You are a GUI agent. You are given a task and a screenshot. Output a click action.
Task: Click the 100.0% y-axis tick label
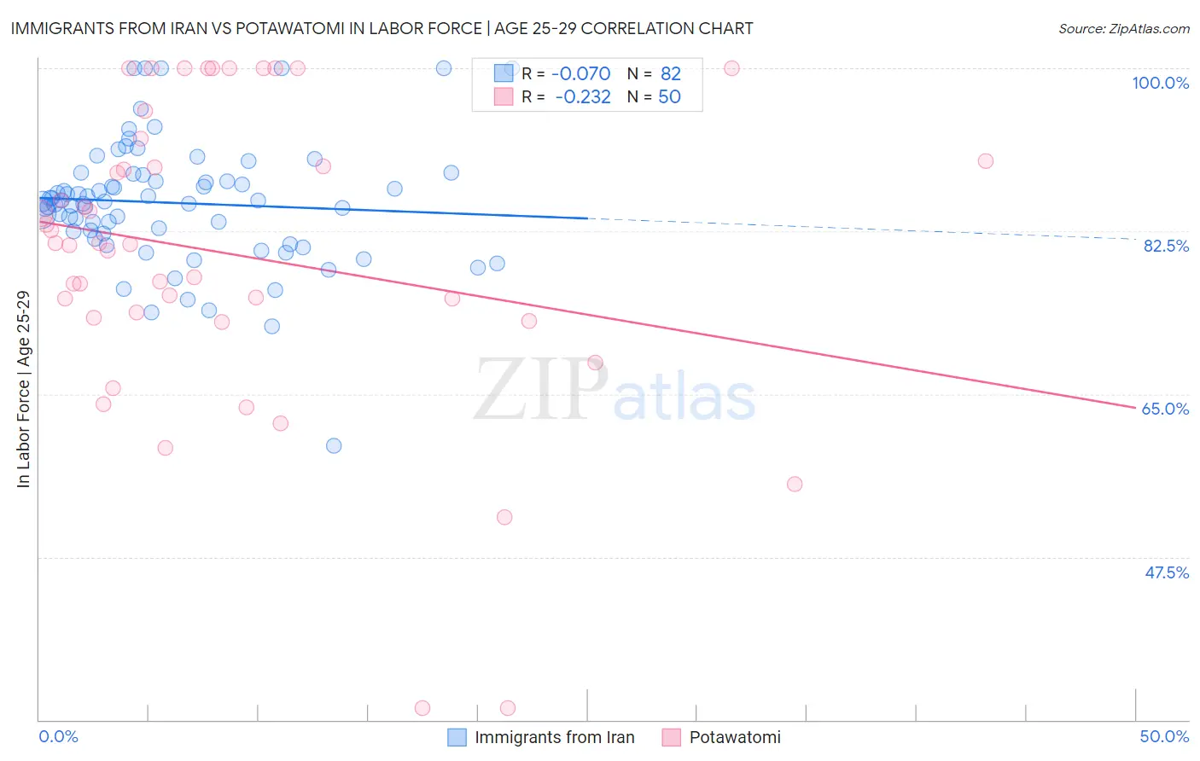(x=1160, y=83)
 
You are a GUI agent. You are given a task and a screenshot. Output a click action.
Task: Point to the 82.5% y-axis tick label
(x=1166, y=246)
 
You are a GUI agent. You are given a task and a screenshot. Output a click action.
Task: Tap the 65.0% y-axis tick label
(x=1165, y=409)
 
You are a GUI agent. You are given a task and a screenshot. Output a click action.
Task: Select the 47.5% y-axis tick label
(x=1166, y=572)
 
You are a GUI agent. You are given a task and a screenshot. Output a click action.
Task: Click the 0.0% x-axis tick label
(x=59, y=736)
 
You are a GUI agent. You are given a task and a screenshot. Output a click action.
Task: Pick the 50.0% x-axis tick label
(x=1164, y=736)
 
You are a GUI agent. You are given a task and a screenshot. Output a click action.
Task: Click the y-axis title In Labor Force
(x=23, y=389)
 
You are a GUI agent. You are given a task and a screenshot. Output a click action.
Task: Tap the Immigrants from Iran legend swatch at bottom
(x=457, y=737)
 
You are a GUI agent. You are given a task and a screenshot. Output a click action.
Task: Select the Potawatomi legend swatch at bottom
(x=672, y=737)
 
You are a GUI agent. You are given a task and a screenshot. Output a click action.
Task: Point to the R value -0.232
(x=582, y=97)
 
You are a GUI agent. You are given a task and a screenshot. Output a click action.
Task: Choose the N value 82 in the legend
(x=670, y=73)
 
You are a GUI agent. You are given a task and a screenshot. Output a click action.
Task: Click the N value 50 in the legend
(x=669, y=97)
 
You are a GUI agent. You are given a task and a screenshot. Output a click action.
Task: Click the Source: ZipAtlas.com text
(x=1123, y=28)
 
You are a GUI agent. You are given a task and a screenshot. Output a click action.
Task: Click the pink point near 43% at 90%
(x=985, y=160)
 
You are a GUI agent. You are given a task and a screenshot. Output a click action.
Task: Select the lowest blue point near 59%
(x=334, y=445)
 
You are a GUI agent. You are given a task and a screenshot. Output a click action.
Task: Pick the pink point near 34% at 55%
(x=795, y=484)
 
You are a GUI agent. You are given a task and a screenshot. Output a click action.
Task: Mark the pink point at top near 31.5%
(x=731, y=68)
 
